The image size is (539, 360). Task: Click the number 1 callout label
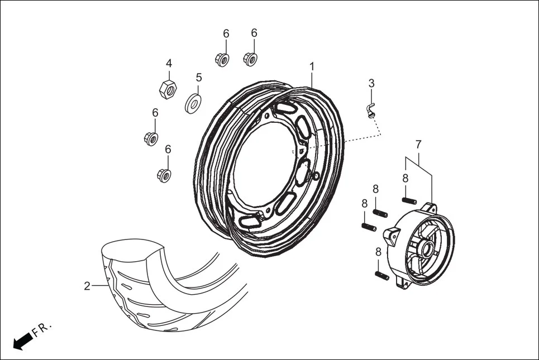[x=312, y=67]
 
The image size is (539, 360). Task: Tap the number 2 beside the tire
[x=87, y=286]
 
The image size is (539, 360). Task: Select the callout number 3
[x=371, y=84]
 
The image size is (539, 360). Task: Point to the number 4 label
[x=168, y=64]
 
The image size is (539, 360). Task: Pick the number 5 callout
[x=198, y=77]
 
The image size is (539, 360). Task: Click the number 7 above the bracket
[x=418, y=145]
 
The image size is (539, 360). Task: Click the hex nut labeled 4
[x=168, y=87]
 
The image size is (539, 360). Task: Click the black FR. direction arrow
[x=22, y=340]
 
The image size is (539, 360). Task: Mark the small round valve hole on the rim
[x=316, y=177]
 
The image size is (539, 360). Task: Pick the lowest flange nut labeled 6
[x=163, y=175]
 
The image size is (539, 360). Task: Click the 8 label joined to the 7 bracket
[x=405, y=179]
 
